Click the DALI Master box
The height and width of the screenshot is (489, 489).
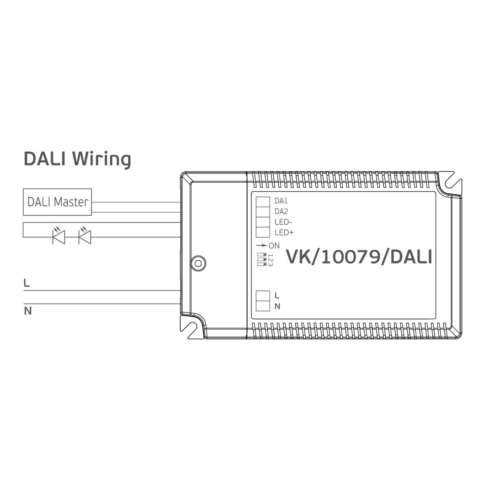[57, 202]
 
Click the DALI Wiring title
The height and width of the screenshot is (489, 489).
[77, 159]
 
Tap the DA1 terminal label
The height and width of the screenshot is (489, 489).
[281, 201]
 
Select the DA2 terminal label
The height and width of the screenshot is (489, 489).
[281, 211]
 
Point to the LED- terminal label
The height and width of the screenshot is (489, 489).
[283, 222]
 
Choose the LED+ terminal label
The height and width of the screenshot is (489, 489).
[284, 232]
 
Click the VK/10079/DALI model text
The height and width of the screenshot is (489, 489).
[359, 257]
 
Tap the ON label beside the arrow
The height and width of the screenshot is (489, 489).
[274, 246]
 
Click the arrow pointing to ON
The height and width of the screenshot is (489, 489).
[261, 245]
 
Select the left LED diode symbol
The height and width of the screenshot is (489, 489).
[59, 236]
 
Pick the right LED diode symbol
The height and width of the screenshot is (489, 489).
[85, 236]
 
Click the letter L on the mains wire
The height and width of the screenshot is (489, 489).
[26, 283]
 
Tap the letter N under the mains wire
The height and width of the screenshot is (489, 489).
[28, 311]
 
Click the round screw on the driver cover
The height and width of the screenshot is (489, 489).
[198, 263]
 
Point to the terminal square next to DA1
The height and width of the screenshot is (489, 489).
[263, 202]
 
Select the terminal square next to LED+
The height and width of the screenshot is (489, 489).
[263, 232]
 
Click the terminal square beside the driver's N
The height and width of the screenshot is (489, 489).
[263, 306]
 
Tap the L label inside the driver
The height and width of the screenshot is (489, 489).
[277, 295]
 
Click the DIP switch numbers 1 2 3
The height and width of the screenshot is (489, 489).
[270, 260]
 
